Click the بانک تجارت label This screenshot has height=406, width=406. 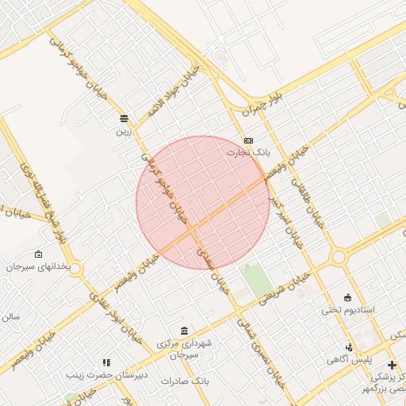point(249,151)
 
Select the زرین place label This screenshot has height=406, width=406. point(122,131)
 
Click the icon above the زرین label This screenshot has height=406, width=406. point(122,119)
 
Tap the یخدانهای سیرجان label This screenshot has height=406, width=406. point(38,267)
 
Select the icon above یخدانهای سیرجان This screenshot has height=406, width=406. point(39,255)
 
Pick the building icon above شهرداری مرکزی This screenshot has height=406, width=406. point(184,331)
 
